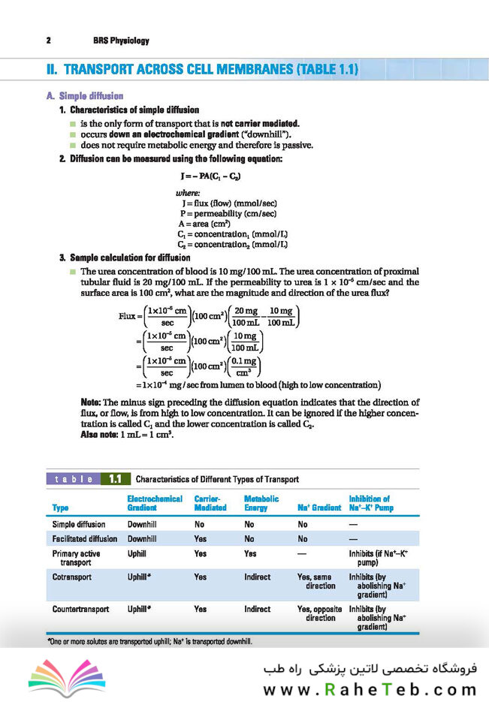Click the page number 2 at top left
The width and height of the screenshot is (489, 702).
click(48, 41)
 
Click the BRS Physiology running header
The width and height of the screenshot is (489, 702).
click(121, 41)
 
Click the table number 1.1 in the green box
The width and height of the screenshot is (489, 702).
click(116, 479)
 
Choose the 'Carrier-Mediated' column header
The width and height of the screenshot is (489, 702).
click(210, 503)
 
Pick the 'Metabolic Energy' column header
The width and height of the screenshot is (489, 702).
click(261, 503)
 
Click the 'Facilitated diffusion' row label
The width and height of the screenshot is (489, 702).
click(85, 538)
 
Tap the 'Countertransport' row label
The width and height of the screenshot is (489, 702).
click(82, 609)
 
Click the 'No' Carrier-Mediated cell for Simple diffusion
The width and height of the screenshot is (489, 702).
click(200, 524)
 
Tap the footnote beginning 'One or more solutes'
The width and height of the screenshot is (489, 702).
click(149, 643)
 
